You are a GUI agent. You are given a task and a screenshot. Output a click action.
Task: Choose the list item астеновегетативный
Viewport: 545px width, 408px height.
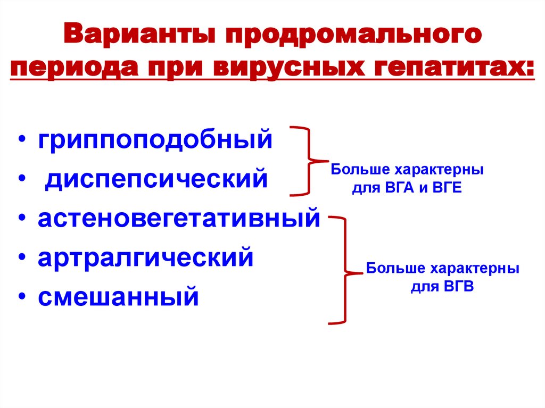click(x=179, y=218)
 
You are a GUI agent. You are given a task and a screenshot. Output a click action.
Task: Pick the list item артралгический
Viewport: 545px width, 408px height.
click(x=145, y=257)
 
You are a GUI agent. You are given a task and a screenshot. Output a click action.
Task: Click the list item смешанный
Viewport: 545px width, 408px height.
click(x=118, y=296)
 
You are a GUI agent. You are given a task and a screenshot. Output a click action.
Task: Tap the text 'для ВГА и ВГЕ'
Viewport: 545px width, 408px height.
click(x=407, y=188)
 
